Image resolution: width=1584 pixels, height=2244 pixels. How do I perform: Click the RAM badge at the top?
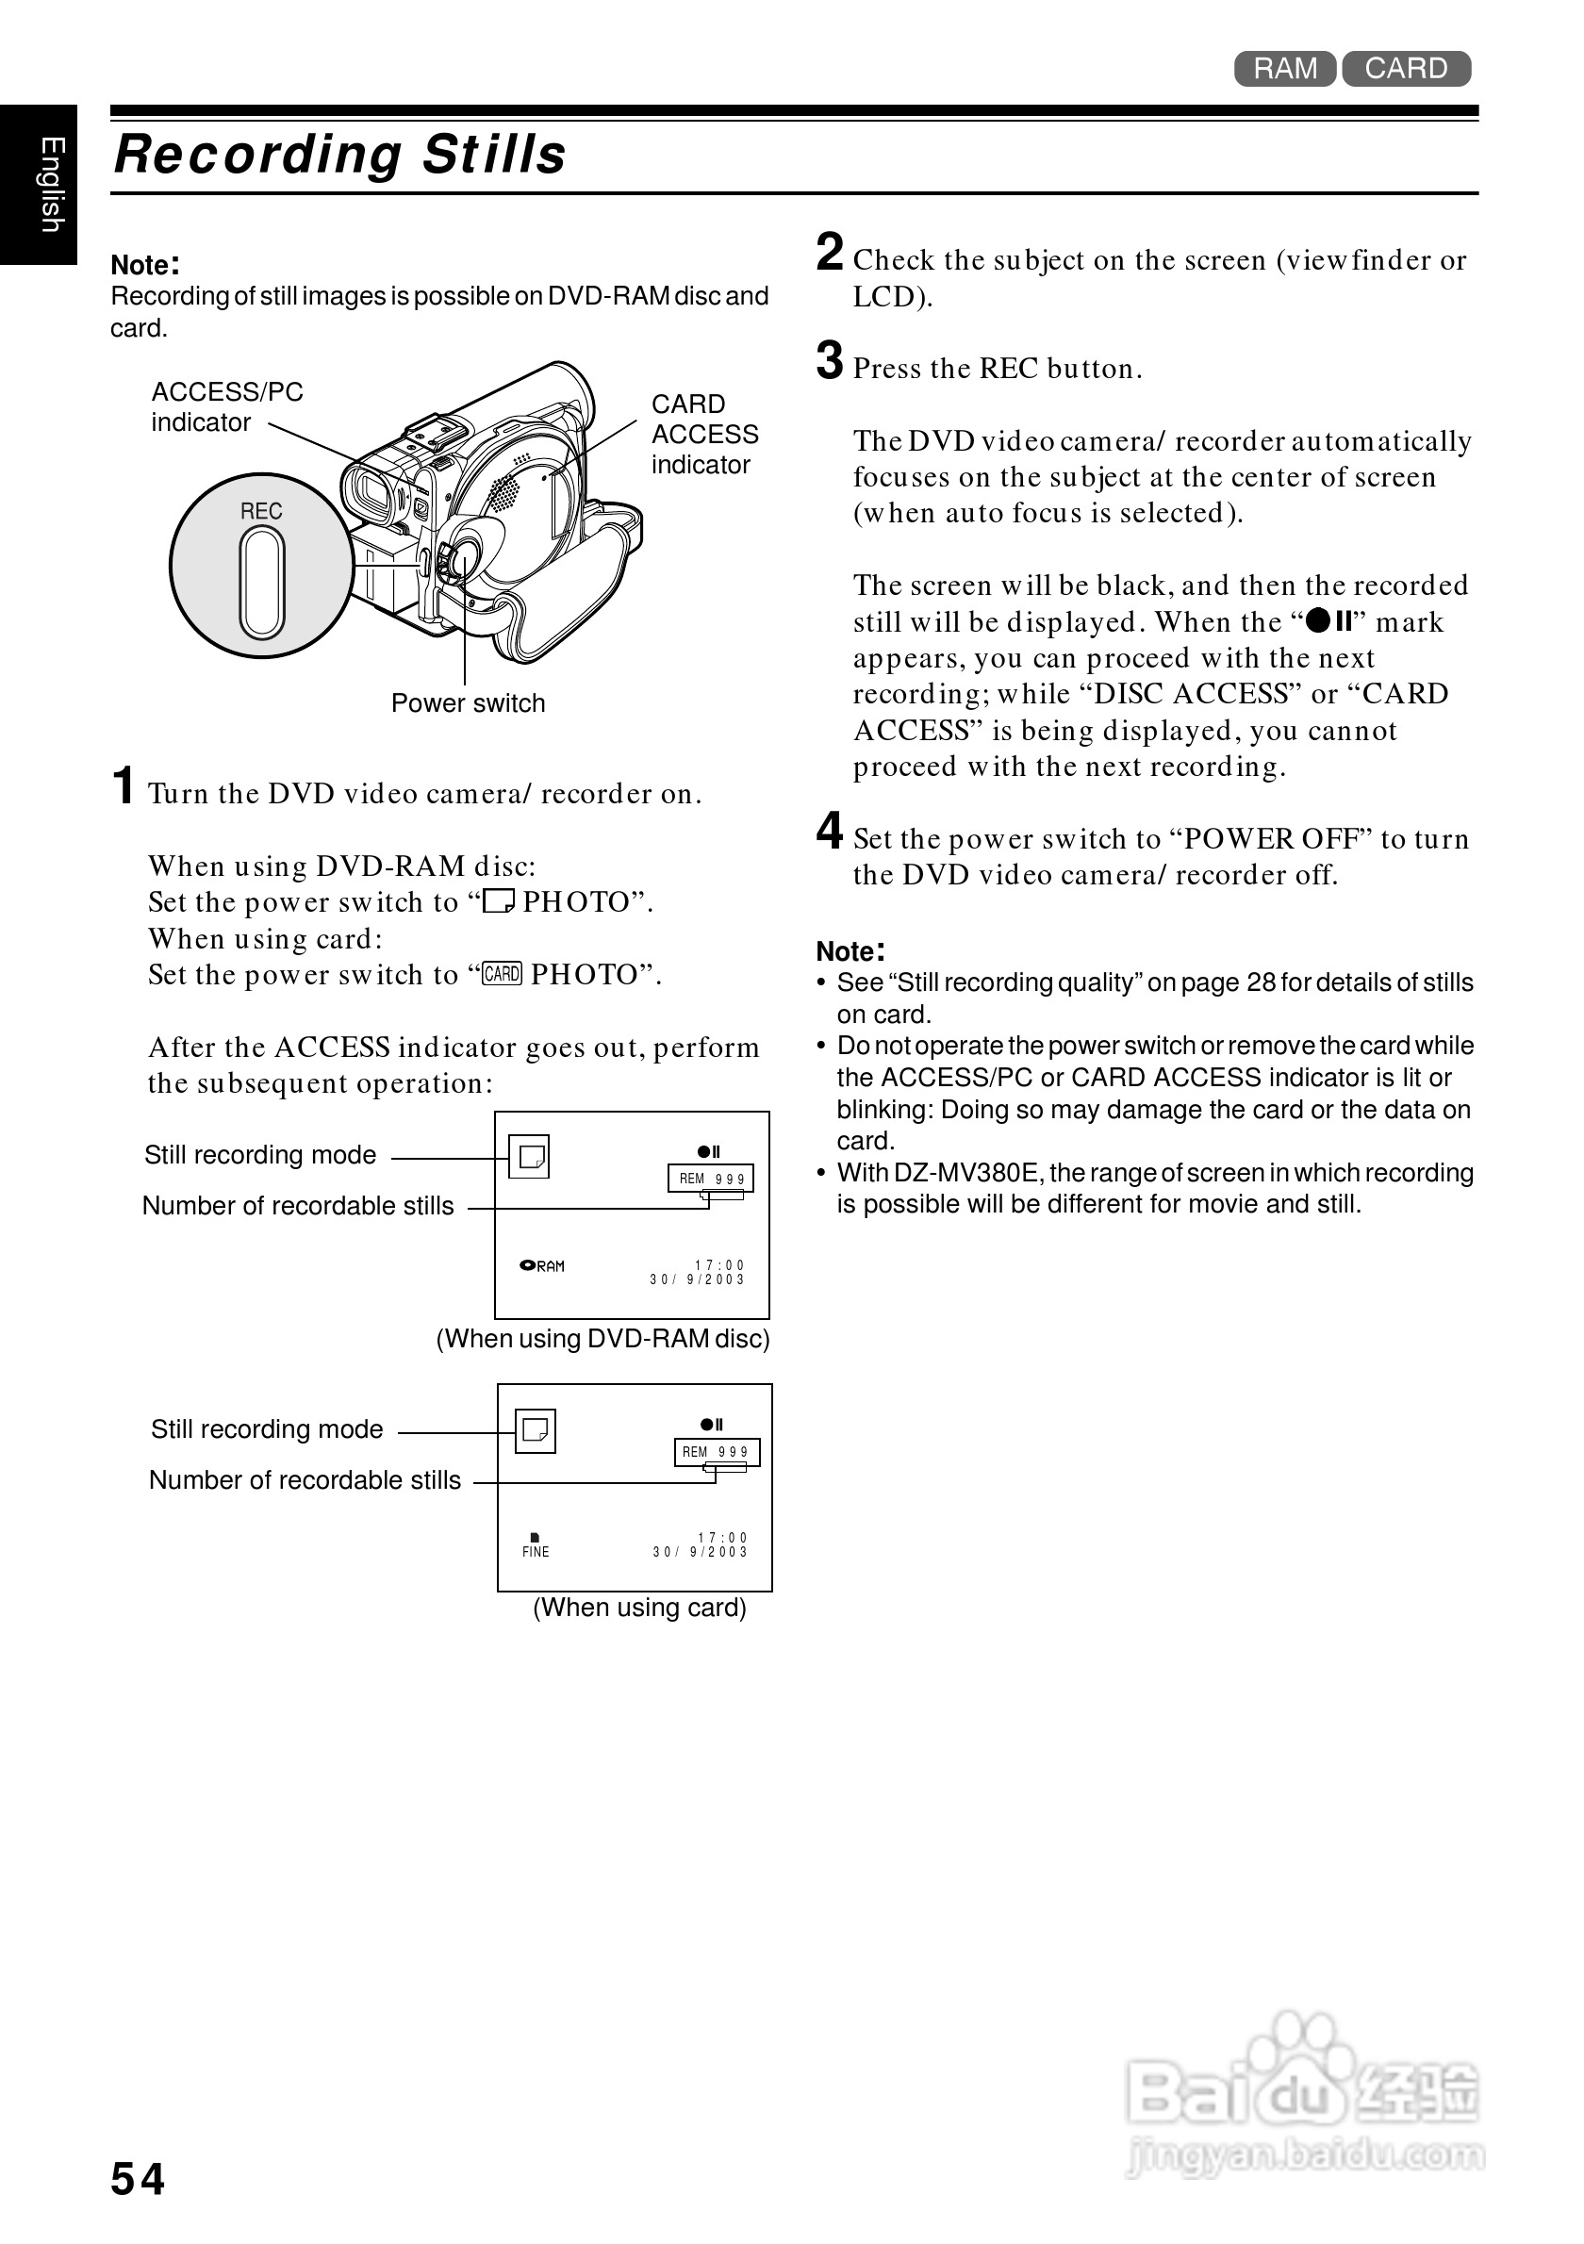pyautogui.click(x=1284, y=69)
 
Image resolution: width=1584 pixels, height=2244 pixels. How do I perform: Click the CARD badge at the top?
pyautogui.click(x=1405, y=69)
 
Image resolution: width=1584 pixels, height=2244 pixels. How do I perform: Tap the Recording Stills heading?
pyautogui.click(x=340, y=155)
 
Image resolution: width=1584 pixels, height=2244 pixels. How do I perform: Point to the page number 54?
pyautogui.click(x=138, y=2179)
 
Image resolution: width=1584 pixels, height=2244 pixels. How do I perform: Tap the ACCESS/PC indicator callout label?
pyautogui.click(x=226, y=406)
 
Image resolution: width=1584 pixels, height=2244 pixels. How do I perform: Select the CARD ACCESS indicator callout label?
pyautogui.click(x=703, y=434)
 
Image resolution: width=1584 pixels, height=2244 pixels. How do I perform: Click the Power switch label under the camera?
pyautogui.click(x=468, y=702)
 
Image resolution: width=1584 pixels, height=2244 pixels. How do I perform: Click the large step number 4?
pyautogui.click(x=830, y=832)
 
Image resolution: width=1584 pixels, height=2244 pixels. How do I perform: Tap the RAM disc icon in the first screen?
pyautogui.click(x=542, y=1265)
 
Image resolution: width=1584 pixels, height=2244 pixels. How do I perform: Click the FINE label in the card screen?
pyautogui.click(x=536, y=1551)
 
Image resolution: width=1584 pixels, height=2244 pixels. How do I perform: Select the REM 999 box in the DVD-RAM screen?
pyautogui.click(x=711, y=1179)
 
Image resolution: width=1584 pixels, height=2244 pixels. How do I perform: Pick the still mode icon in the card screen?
pyautogui.click(x=536, y=1431)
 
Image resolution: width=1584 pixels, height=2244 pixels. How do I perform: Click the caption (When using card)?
pyautogui.click(x=639, y=1608)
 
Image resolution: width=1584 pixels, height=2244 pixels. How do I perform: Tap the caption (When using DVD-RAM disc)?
pyautogui.click(x=602, y=1338)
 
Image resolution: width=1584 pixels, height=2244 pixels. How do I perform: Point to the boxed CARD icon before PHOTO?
pyautogui.click(x=503, y=973)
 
